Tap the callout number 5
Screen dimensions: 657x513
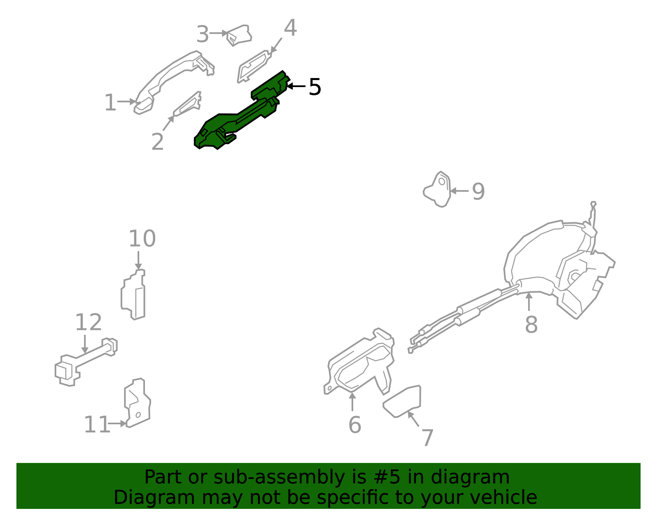pyautogui.click(x=315, y=87)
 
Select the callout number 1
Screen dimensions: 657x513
pyautogui.click(x=110, y=103)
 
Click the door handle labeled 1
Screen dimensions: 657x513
pyautogui.click(x=169, y=78)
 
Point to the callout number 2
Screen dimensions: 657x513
pyautogui.click(x=158, y=141)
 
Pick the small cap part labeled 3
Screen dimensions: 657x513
pyautogui.click(x=239, y=35)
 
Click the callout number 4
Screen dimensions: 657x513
pyautogui.click(x=290, y=28)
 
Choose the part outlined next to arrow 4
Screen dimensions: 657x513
pyautogui.click(x=253, y=66)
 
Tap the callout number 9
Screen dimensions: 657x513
pyautogui.click(x=478, y=191)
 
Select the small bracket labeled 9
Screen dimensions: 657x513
pyautogui.click(x=437, y=189)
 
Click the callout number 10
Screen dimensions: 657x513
pyautogui.click(x=142, y=239)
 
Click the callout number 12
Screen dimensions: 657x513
pyautogui.click(x=88, y=322)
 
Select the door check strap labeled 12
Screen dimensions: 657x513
pyautogui.click(x=86, y=362)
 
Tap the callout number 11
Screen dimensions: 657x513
pyautogui.click(x=97, y=424)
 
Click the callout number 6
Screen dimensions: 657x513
pyautogui.click(x=355, y=425)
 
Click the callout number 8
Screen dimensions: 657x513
pyautogui.click(x=531, y=324)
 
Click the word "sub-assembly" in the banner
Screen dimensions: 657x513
pyautogui.click(x=279, y=477)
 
